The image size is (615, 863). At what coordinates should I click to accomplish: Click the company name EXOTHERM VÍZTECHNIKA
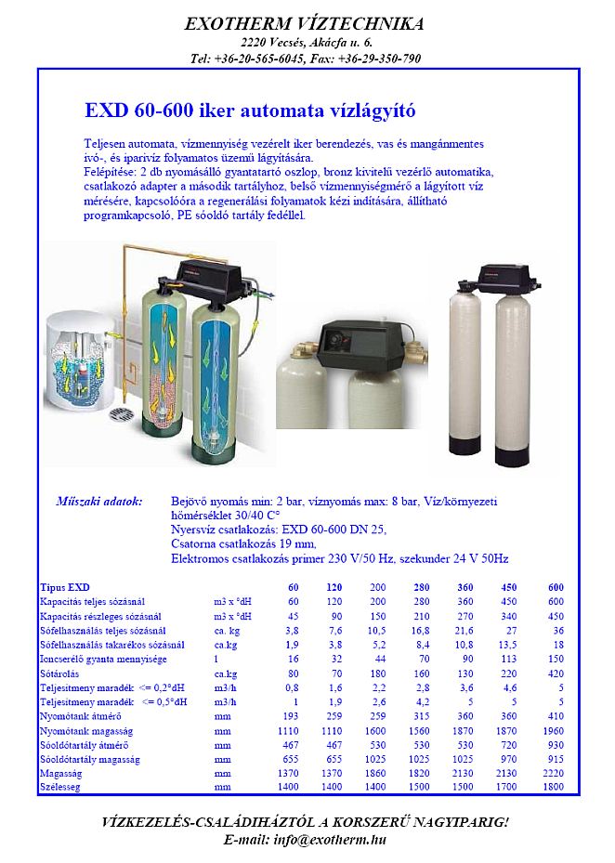click(x=305, y=23)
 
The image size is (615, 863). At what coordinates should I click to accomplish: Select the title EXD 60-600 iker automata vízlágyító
click(x=250, y=111)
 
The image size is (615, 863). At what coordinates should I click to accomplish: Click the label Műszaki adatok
click(x=99, y=502)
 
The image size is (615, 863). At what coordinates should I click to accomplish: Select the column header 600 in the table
click(x=556, y=587)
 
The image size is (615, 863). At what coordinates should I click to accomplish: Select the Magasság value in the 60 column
click(x=289, y=771)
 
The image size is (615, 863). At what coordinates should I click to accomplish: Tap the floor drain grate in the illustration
click(x=122, y=412)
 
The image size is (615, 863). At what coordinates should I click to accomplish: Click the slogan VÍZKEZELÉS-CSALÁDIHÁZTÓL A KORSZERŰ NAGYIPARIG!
click(x=305, y=823)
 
